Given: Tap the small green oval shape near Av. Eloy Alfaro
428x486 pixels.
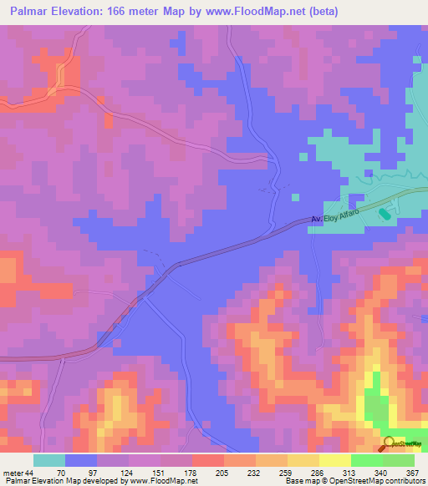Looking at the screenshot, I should tap(384, 215).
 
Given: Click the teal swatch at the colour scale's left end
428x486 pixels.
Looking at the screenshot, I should tap(49, 461).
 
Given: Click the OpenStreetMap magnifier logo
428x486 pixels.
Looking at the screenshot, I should tap(390, 443).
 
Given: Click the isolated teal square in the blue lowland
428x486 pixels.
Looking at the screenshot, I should tap(294, 197).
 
